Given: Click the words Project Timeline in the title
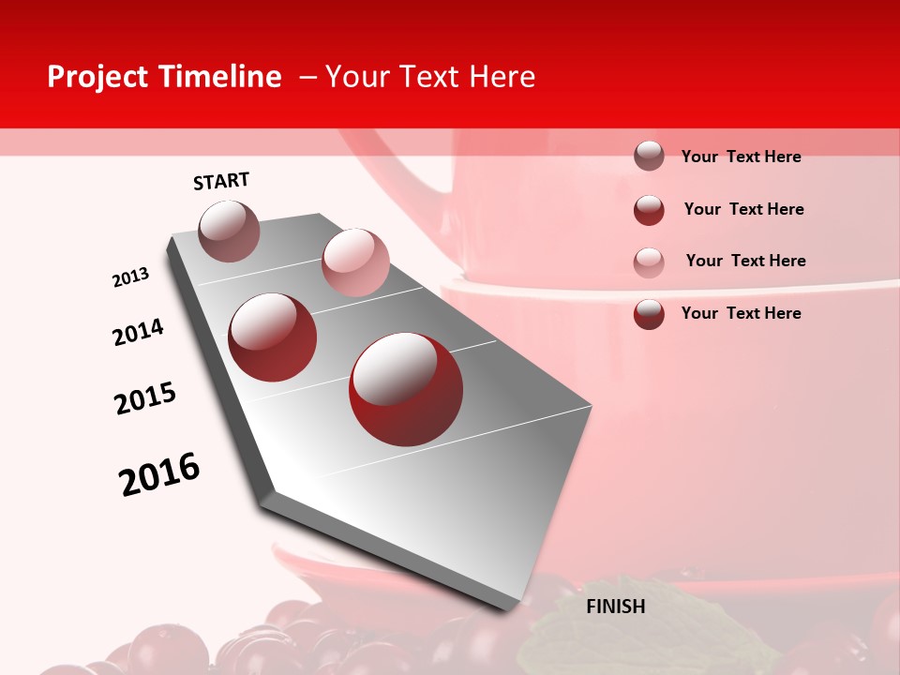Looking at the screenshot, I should click(x=164, y=77).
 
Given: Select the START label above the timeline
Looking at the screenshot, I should click(x=221, y=181).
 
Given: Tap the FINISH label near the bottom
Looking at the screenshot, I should click(x=615, y=607).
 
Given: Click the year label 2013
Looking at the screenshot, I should click(x=130, y=277).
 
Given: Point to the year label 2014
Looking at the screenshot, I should click(x=138, y=332).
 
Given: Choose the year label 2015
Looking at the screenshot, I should click(x=145, y=397).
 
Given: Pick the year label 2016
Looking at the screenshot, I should click(x=159, y=473).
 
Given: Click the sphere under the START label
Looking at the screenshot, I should click(x=229, y=231).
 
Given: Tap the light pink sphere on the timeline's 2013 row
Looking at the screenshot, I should click(x=355, y=262).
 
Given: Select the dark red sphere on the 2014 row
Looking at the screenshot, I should click(x=273, y=337).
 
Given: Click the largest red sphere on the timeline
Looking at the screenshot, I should click(x=406, y=388).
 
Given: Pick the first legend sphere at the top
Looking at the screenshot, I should click(x=649, y=156).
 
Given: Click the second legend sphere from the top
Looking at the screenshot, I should click(x=649, y=210).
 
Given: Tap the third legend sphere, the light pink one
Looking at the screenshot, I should click(x=649, y=262).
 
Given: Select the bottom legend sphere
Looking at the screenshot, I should click(x=649, y=314).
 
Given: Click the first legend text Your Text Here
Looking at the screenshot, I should click(x=741, y=157).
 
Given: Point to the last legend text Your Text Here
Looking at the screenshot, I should click(x=741, y=313).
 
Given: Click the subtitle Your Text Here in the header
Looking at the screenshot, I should click(x=429, y=77).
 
